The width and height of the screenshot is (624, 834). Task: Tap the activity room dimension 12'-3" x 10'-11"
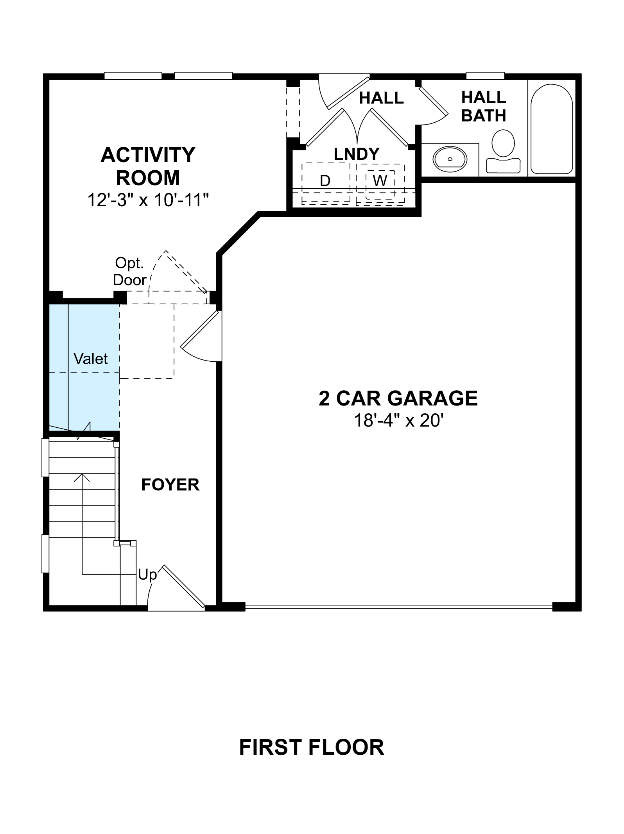coord(148,200)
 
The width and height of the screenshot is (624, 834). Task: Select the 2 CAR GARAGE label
coord(398,398)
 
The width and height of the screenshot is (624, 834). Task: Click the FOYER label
coord(170,485)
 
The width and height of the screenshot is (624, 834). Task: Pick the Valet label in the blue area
coord(91,359)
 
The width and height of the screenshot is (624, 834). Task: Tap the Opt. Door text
coord(129,271)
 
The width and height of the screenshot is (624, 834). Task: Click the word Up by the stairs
coord(147,575)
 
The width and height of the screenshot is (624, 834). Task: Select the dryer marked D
coord(325,181)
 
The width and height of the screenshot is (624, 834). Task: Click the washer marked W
coord(380,180)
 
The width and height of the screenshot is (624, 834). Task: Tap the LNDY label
coord(357,154)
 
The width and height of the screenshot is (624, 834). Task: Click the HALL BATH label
coord(484,106)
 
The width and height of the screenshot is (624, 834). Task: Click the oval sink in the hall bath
coord(450,159)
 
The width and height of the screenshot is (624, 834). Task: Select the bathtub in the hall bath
coord(552,129)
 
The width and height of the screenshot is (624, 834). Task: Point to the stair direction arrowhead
coord(82,477)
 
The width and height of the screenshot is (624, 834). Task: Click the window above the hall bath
coord(485,75)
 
